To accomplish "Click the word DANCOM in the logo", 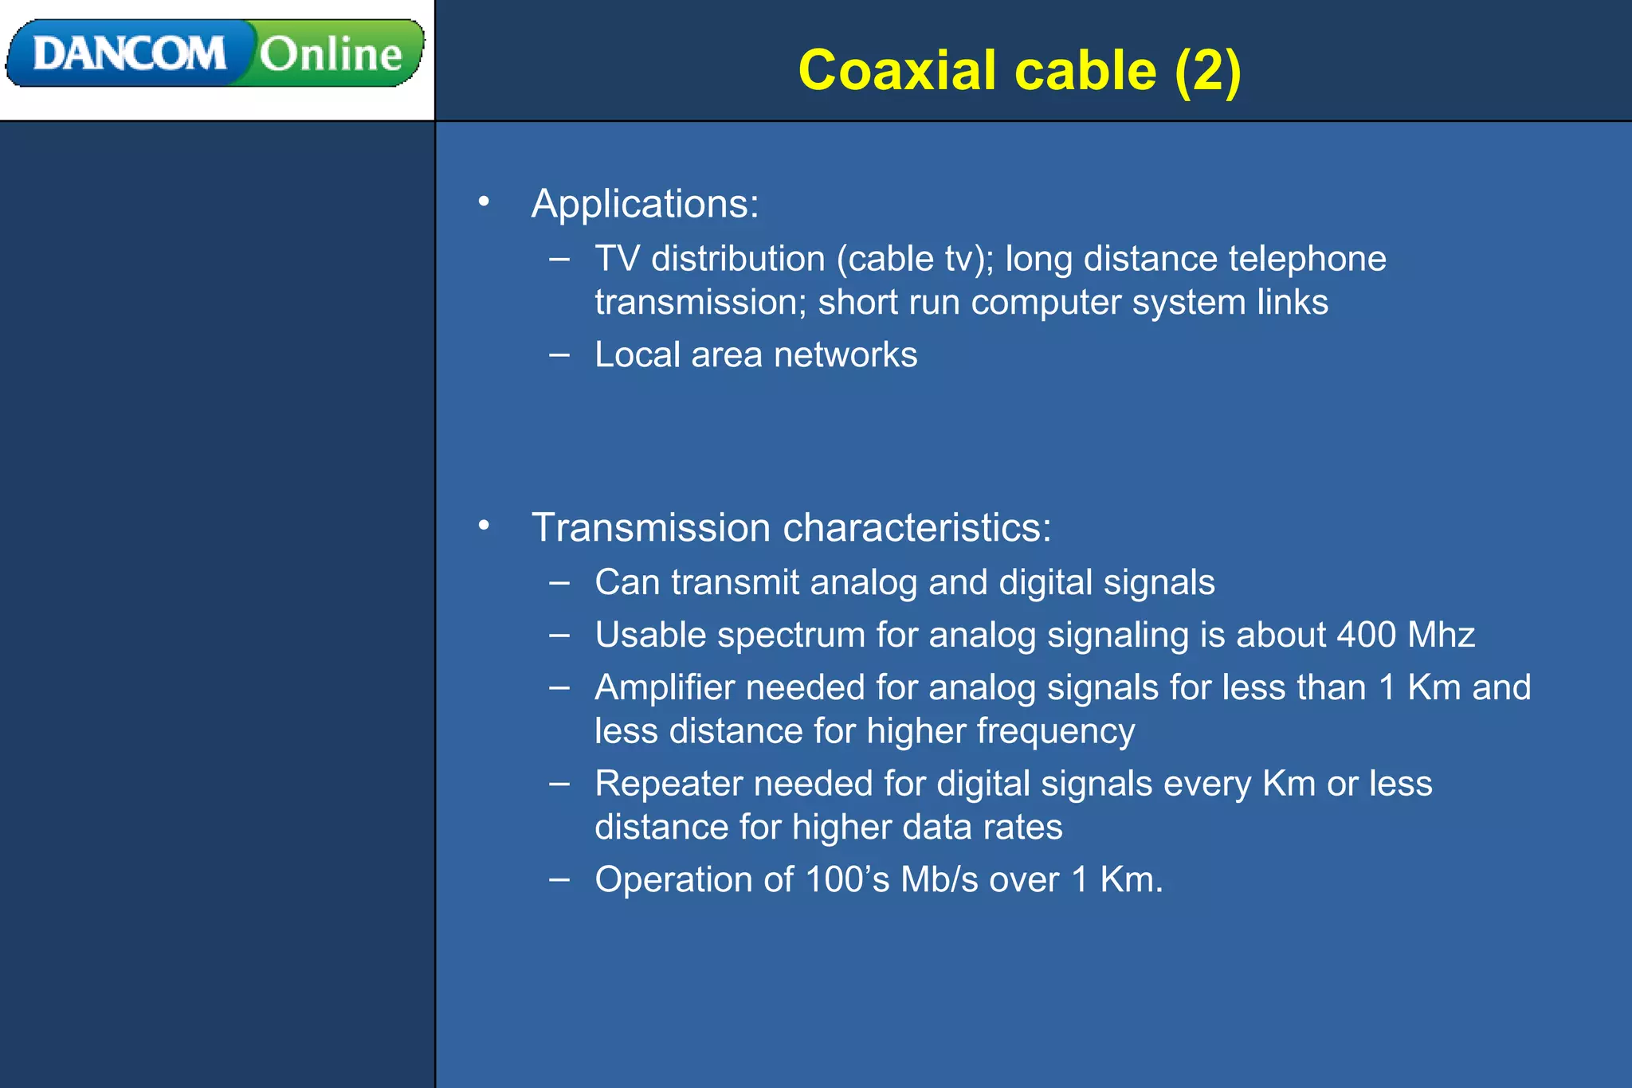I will (129, 53).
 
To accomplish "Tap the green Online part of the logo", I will (331, 53).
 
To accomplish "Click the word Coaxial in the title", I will (897, 70).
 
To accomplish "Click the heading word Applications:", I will (645, 204).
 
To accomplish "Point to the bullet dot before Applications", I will (484, 202).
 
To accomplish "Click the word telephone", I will (1307, 259).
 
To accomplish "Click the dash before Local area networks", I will (559, 354).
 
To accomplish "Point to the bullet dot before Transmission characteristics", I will (484, 526).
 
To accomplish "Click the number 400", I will (1366, 635).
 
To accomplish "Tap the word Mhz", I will (1441, 635).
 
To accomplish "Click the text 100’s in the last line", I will (846, 879).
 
